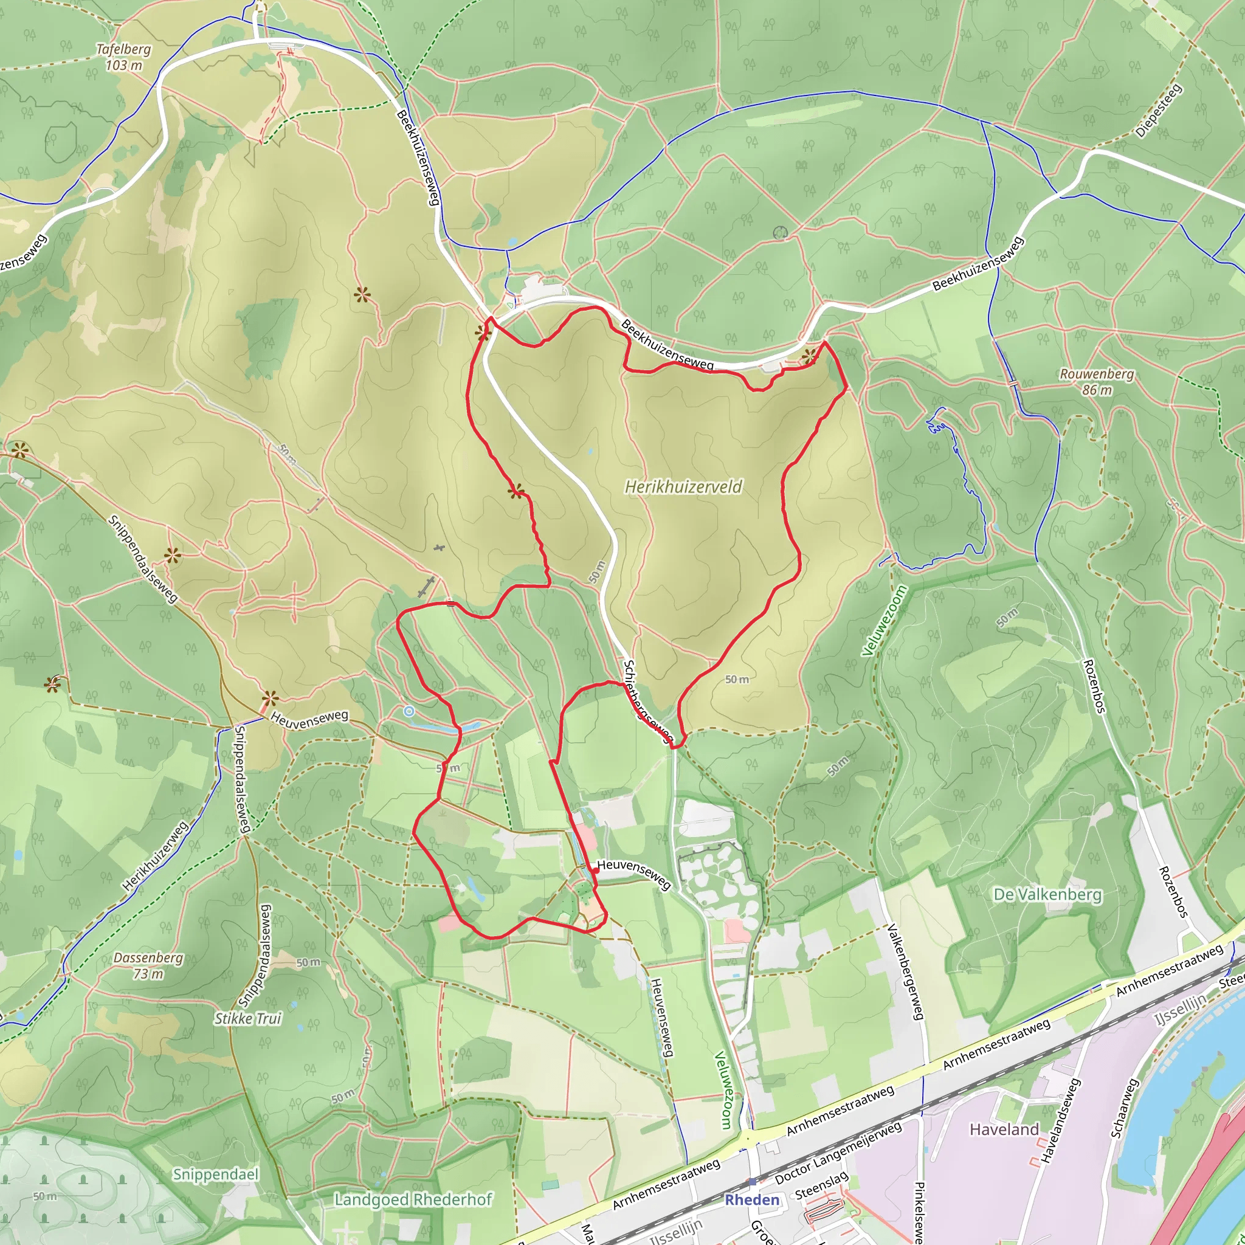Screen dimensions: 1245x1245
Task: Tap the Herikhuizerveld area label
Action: (683, 486)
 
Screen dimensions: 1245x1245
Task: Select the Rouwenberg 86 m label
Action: (1097, 382)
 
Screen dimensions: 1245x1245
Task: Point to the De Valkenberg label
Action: (1047, 894)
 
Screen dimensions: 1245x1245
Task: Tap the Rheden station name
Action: (752, 1200)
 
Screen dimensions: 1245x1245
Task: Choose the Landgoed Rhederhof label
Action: (413, 1199)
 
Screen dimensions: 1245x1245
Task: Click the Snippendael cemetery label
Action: (215, 1174)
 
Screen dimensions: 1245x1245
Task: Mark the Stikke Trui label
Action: (248, 1018)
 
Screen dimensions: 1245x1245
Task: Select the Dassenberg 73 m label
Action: (148, 965)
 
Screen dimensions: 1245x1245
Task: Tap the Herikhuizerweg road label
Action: (155, 856)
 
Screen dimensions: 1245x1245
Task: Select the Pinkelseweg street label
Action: (920, 1212)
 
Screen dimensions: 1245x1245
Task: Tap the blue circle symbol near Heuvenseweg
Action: (409, 711)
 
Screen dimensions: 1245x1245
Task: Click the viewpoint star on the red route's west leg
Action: (515, 492)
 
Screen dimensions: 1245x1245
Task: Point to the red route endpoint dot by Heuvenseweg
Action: (595, 870)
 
